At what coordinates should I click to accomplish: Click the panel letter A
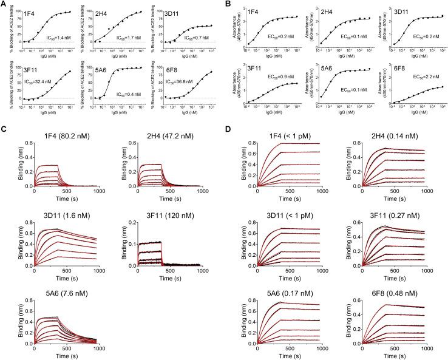(4, 5)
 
